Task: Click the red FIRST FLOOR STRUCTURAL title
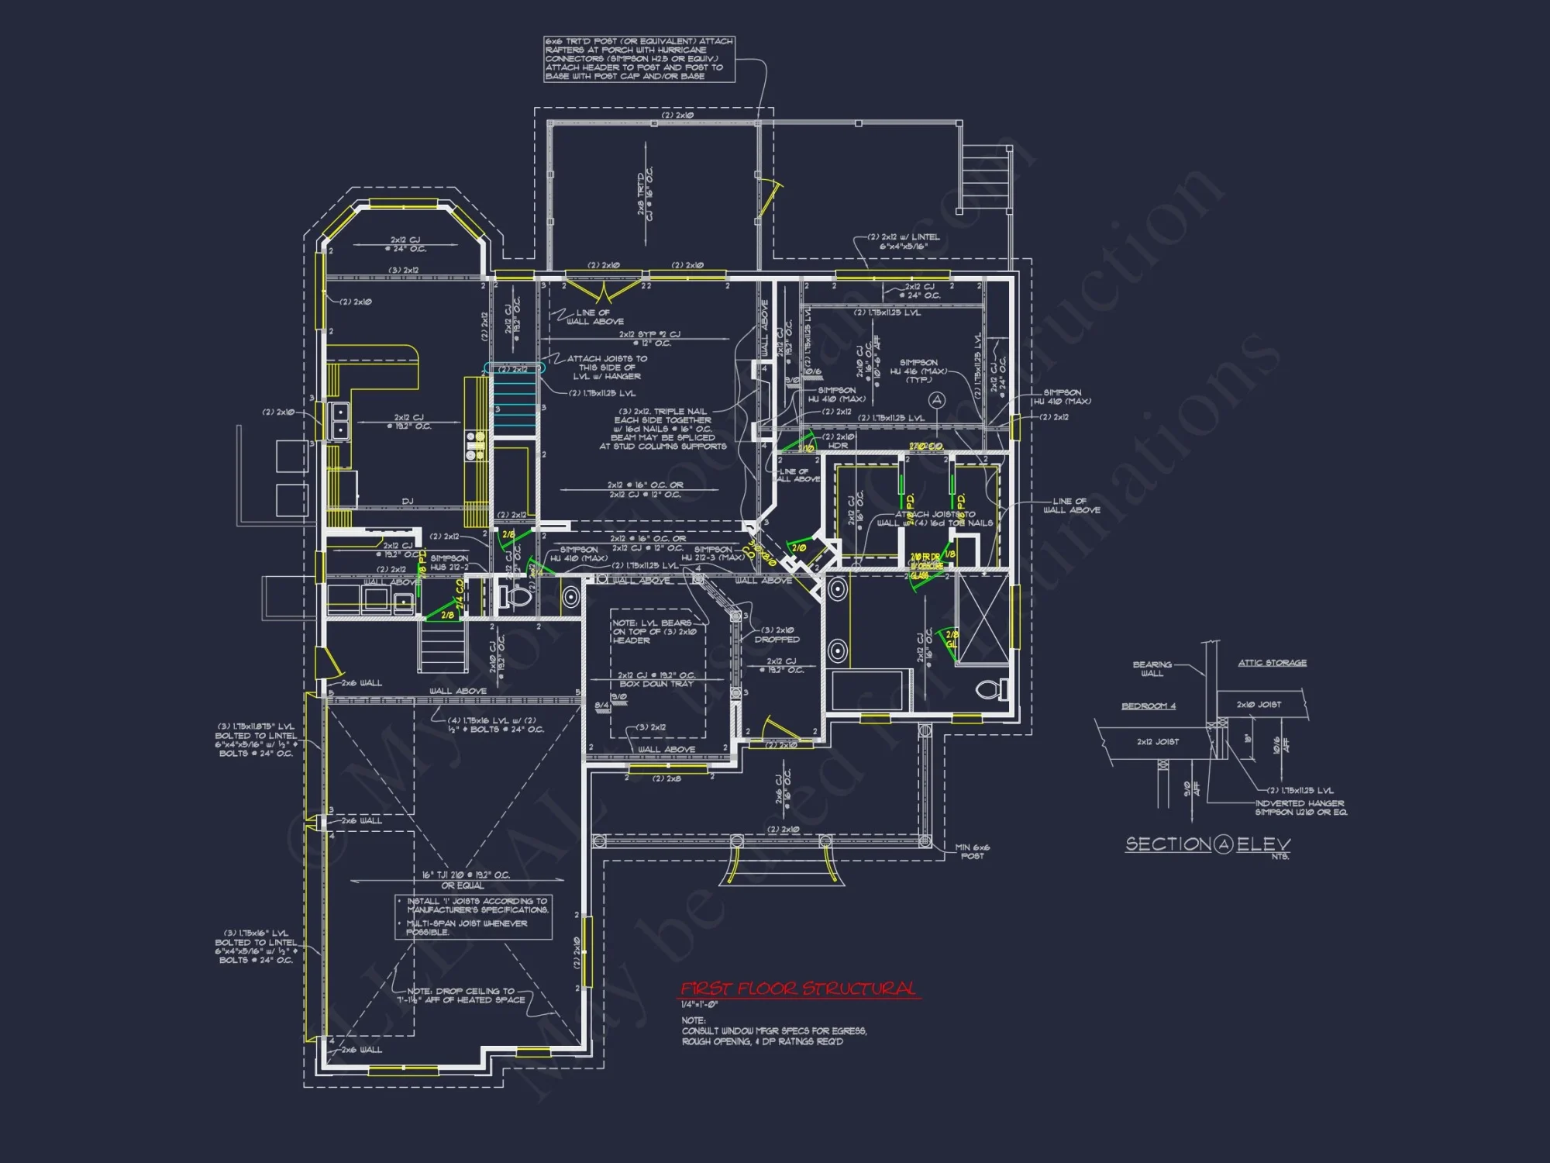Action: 798,989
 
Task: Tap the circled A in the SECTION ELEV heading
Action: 1224,844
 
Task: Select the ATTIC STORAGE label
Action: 1272,663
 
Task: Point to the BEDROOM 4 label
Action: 1149,706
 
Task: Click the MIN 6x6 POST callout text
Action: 972,851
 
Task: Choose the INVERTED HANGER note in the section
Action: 1300,807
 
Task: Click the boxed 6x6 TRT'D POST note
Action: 639,59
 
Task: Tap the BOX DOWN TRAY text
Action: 656,684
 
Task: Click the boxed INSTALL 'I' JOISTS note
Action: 474,916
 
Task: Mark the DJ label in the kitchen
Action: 408,501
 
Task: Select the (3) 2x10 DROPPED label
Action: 777,635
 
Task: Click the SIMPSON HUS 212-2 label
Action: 449,562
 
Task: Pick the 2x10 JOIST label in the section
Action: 1259,705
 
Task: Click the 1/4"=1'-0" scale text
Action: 700,1005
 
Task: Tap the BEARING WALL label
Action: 1152,668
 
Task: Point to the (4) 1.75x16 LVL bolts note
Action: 496,725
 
